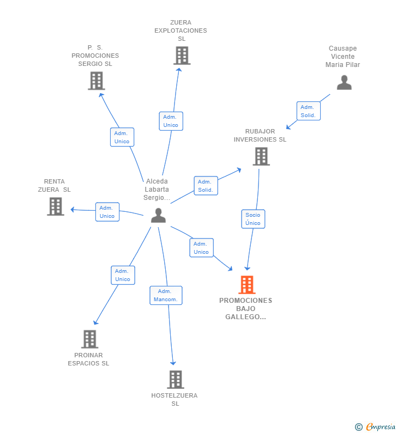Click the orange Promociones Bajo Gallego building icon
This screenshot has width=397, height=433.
pos(247,285)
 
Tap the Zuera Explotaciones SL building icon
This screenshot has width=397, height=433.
pos(182,56)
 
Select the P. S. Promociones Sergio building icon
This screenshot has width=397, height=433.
pos(97,81)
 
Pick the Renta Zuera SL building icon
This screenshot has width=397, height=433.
pos(56,206)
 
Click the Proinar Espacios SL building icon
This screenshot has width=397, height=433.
pos(90,339)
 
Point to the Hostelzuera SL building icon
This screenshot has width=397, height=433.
pos(176,380)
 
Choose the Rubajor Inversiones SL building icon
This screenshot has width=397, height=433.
pos(261,156)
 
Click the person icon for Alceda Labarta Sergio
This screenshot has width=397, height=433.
pos(158,216)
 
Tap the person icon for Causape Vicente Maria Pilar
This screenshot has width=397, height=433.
pos(344,83)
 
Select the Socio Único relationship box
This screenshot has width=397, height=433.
pos(253,219)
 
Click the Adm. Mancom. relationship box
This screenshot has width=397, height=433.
pos(166,296)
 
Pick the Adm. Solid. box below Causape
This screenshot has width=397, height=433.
pos(309,111)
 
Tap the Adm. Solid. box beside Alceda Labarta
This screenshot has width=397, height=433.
pos(206,186)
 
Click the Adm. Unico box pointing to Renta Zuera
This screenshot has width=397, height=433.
pos(107,212)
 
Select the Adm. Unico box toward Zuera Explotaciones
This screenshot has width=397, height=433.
pos(171,121)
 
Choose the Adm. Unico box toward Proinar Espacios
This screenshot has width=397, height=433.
pos(123,275)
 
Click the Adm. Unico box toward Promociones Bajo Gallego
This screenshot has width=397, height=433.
pos(202,248)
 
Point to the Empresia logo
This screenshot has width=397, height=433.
pos(375,426)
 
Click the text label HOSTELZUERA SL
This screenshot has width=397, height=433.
pos(175,399)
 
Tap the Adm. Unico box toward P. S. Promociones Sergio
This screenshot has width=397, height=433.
pos(122,137)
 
